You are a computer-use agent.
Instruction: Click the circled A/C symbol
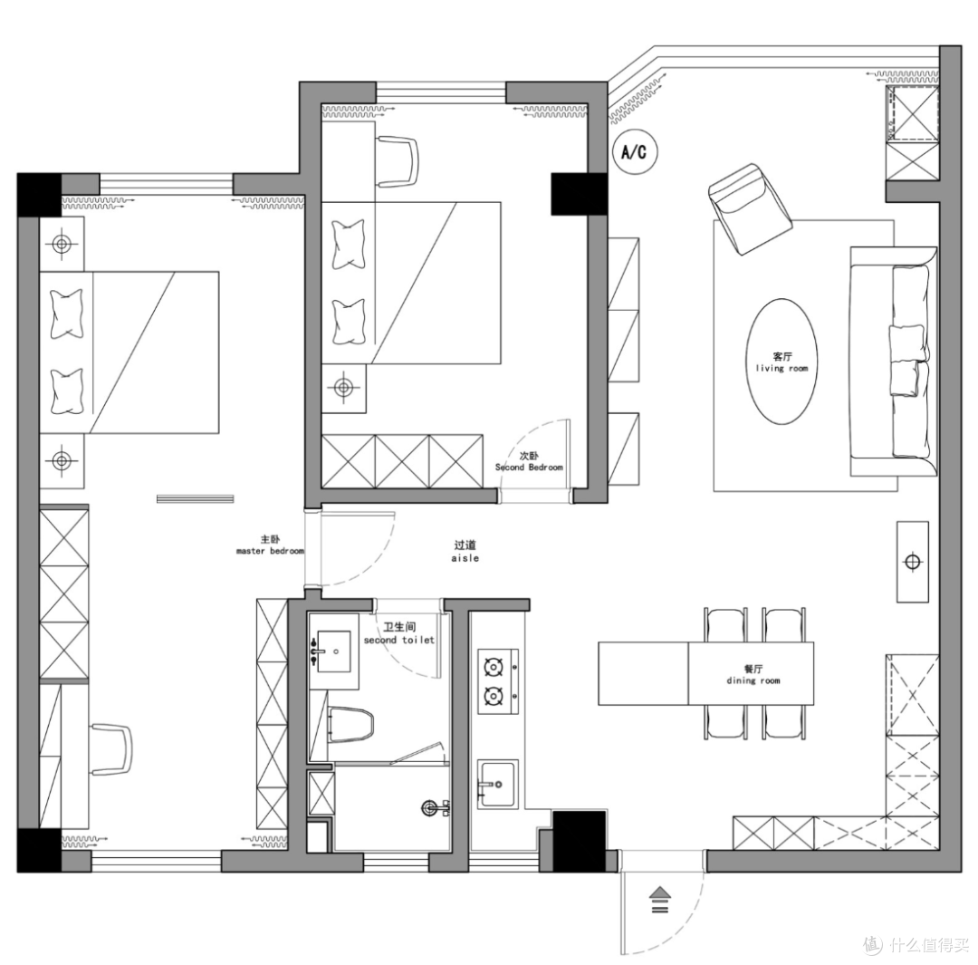[635, 151]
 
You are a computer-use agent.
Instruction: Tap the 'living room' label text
[781, 368]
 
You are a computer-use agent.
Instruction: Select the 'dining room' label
[753, 680]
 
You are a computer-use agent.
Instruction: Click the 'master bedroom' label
[270, 551]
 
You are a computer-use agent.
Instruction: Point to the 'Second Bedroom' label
[529, 467]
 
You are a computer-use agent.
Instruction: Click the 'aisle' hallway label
[465, 558]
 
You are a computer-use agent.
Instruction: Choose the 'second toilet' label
[399, 640]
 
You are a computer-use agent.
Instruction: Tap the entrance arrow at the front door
[660, 900]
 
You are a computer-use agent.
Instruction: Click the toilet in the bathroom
[350, 724]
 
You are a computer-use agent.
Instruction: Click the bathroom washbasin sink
[333, 651]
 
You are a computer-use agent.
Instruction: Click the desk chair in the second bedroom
[398, 161]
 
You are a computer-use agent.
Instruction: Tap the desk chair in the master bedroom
[111, 749]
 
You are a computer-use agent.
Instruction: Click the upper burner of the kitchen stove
[494, 668]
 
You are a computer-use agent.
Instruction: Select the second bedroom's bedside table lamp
[344, 388]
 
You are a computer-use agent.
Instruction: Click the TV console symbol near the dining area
[913, 562]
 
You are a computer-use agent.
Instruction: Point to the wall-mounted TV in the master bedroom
[196, 498]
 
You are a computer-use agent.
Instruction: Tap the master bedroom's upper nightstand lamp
[62, 244]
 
